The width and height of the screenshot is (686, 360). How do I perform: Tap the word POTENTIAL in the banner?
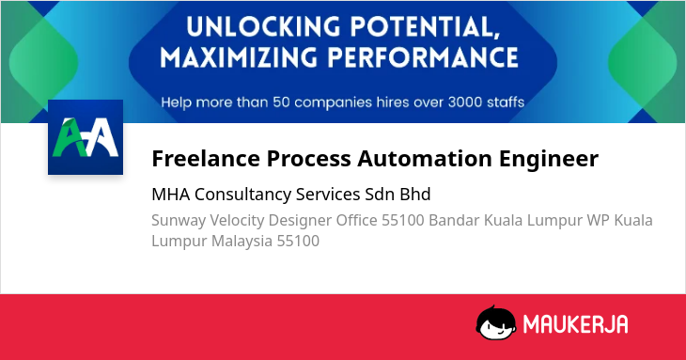tap(426, 27)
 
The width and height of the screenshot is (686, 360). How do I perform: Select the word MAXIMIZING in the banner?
tap(238, 57)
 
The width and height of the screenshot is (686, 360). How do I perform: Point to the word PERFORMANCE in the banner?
tap(423, 57)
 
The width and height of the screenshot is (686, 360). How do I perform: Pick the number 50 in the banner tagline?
tap(281, 102)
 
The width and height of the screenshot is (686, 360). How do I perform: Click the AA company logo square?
tap(86, 137)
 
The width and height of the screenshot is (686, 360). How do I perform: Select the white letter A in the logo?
tap(101, 137)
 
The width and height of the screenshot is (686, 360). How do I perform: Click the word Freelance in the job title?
tap(206, 158)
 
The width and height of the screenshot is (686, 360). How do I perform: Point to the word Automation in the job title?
tap(425, 158)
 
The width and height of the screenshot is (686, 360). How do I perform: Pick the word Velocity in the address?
tap(237, 221)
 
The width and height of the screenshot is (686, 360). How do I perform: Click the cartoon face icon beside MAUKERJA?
tap(495, 322)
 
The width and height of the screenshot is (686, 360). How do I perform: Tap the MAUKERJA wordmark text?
tap(575, 324)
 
